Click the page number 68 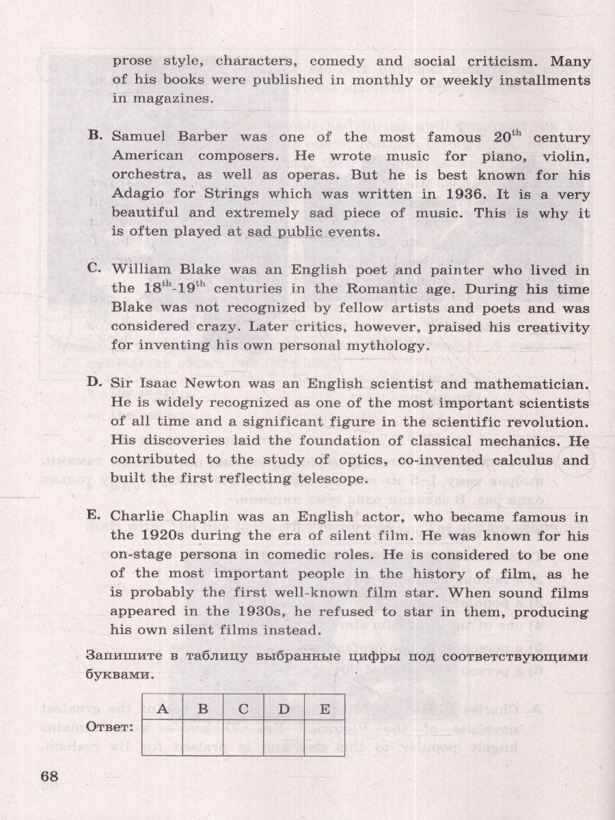[50, 777]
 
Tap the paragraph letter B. [96, 136]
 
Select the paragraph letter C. [96, 269]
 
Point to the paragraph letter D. [96, 383]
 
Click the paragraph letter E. [95, 516]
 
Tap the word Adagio [136, 194]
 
